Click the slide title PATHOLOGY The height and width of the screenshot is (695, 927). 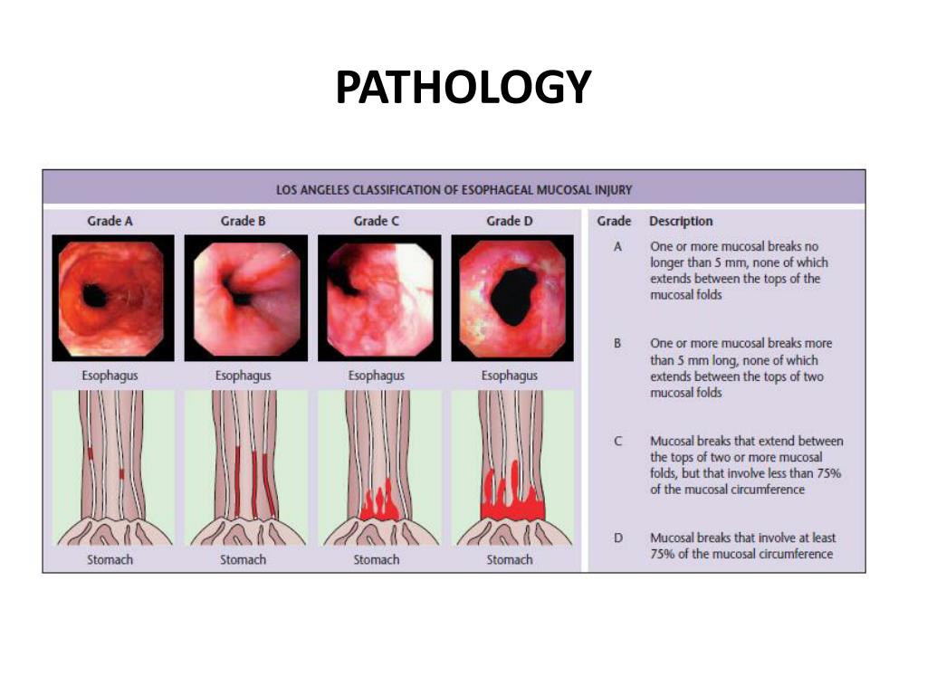[x=463, y=89]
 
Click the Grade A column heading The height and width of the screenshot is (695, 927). [x=110, y=221]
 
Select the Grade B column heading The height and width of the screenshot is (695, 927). [x=243, y=221]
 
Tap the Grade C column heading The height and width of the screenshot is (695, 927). [x=376, y=221]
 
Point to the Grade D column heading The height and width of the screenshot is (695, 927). [x=509, y=221]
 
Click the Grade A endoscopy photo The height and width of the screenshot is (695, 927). [x=110, y=298]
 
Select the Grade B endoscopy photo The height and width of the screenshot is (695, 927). [x=244, y=298]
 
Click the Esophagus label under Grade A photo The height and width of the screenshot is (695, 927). [x=110, y=376]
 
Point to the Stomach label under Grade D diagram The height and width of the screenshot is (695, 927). [x=509, y=560]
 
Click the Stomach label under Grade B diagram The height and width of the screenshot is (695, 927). [x=243, y=560]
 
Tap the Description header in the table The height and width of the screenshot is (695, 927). [x=680, y=221]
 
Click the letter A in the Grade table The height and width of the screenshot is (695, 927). [x=616, y=246]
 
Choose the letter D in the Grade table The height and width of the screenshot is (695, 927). [x=617, y=538]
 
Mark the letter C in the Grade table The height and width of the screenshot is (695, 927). [x=617, y=442]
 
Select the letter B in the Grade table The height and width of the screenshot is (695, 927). [x=617, y=344]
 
